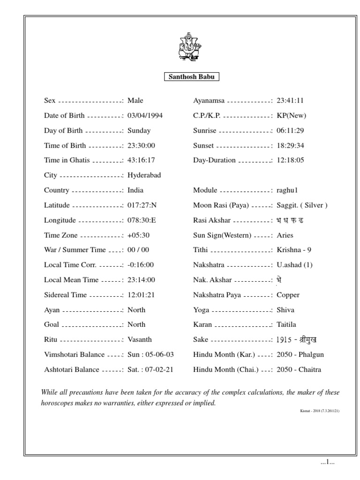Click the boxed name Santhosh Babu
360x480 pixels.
pyautogui.click(x=192, y=77)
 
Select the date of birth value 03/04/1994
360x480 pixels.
pyautogui.click(x=145, y=115)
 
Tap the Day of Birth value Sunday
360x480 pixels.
pyautogui.click(x=139, y=131)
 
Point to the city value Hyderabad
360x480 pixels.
pyautogui.click(x=144, y=175)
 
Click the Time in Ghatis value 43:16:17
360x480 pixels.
pyautogui.click(x=141, y=160)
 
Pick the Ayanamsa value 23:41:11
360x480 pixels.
pyautogui.click(x=291, y=101)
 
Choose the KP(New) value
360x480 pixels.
pyautogui.click(x=291, y=115)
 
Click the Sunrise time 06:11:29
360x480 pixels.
pyautogui.click(x=291, y=131)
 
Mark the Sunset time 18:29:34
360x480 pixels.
pyautogui.click(x=291, y=146)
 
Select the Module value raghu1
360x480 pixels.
pyautogui.click(x=288, y=190)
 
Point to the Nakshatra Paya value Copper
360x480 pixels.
pyautogui.click(x=288, y=295)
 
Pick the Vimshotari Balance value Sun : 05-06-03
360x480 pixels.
pyautogui.click(x=150, y=354)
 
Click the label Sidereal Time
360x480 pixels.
pyautogui.click(x=65, y=295)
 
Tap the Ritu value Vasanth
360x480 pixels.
pyautogui.click(x=140, y=339)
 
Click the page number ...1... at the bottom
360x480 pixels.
pyautogui.click(x=327, y=463)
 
